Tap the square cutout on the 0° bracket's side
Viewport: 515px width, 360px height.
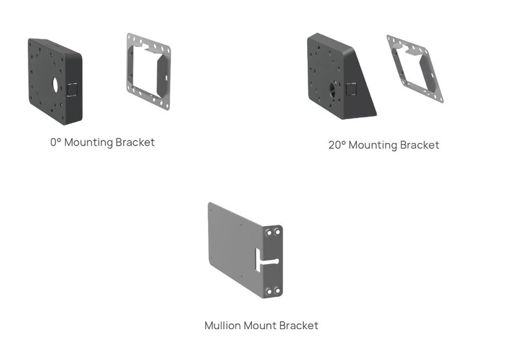(72, 90)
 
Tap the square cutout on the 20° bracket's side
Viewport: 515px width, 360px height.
(351, 90)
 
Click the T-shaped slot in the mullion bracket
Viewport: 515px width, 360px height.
(267, 261)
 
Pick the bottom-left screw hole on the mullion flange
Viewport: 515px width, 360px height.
(269, 290)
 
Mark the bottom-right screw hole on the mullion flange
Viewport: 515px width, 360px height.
(277, 291)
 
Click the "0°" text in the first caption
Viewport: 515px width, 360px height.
(56, 142)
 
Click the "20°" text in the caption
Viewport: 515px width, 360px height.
(337, 145)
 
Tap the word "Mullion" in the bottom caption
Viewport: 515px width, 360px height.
(222, 325)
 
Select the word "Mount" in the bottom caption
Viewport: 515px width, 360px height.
(259, 325)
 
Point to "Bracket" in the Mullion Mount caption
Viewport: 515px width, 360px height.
(299, 325)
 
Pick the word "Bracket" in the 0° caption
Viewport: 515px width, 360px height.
(135, 142)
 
